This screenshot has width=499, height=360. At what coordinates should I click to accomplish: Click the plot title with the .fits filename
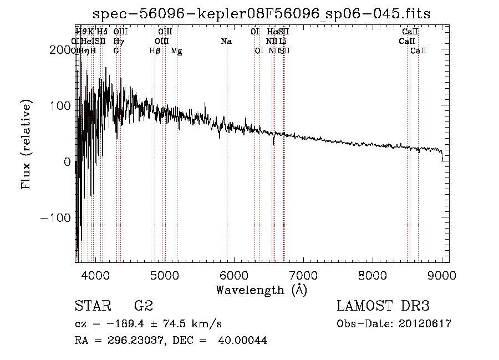click(262, 14)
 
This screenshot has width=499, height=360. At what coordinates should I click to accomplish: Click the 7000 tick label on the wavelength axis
click(303, 275)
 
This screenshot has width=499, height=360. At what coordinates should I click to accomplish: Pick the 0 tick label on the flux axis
click(67, 161)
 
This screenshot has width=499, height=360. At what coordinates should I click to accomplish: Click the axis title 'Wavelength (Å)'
click(261, 290)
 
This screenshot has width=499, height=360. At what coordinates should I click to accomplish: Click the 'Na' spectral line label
click(226, 41)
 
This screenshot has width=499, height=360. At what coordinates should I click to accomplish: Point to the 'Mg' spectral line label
click(176, 51)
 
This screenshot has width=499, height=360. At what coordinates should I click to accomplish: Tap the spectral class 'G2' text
click(143, 306)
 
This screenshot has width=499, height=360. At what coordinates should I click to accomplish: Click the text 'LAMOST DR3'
click(383, 306)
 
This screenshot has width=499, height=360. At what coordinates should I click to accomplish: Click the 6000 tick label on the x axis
click(234, 275)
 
